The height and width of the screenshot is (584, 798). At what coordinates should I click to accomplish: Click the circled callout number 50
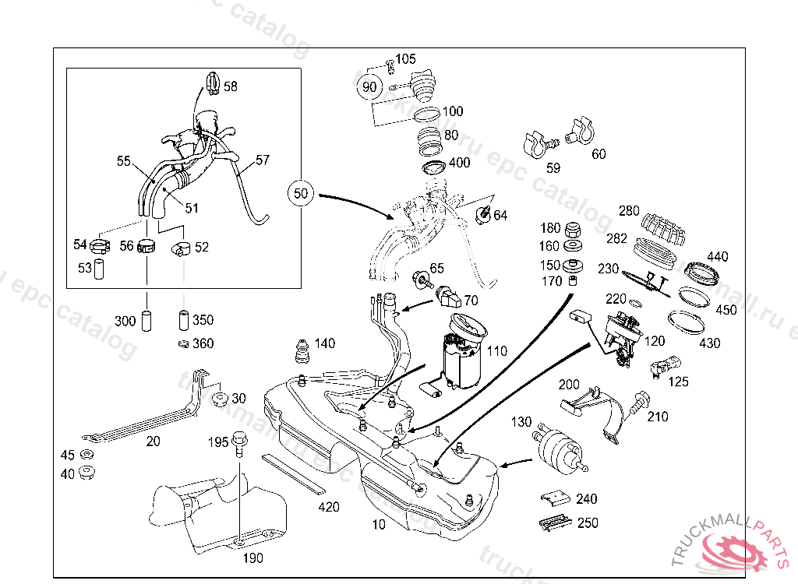(302, 193)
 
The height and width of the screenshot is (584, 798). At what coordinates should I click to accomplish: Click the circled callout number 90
(369, 86)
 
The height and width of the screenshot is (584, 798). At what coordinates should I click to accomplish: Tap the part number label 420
(329, 508)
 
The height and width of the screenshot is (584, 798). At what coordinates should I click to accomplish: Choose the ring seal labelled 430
(686, 323)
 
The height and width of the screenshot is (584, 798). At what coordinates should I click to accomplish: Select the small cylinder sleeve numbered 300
(147, 320)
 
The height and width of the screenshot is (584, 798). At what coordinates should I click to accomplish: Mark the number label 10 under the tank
(378, 525)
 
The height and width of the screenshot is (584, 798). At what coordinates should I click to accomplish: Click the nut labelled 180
(573, 230)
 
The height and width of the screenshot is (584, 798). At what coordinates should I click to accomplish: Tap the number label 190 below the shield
(252, 558)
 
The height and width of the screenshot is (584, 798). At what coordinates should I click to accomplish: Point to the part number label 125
(679, 382)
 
